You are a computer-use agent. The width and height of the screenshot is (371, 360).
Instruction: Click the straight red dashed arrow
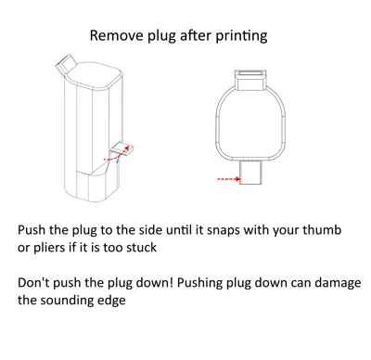(x=229, y=179)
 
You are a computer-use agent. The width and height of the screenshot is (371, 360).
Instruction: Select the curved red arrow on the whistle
(x=117, y=154)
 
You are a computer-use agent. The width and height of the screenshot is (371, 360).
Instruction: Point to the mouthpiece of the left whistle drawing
(x=66, y=65)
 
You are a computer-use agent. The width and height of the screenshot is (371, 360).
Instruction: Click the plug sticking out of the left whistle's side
(x=122, y=148)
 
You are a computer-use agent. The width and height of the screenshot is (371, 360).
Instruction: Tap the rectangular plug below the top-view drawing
(x=250, y=173)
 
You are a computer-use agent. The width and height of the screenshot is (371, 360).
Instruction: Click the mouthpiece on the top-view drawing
(x=250, y=80)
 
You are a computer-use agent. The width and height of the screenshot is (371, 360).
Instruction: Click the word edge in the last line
(x=115, y=301)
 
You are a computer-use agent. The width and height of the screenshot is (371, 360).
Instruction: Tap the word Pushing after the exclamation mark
(x=199, y=284)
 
